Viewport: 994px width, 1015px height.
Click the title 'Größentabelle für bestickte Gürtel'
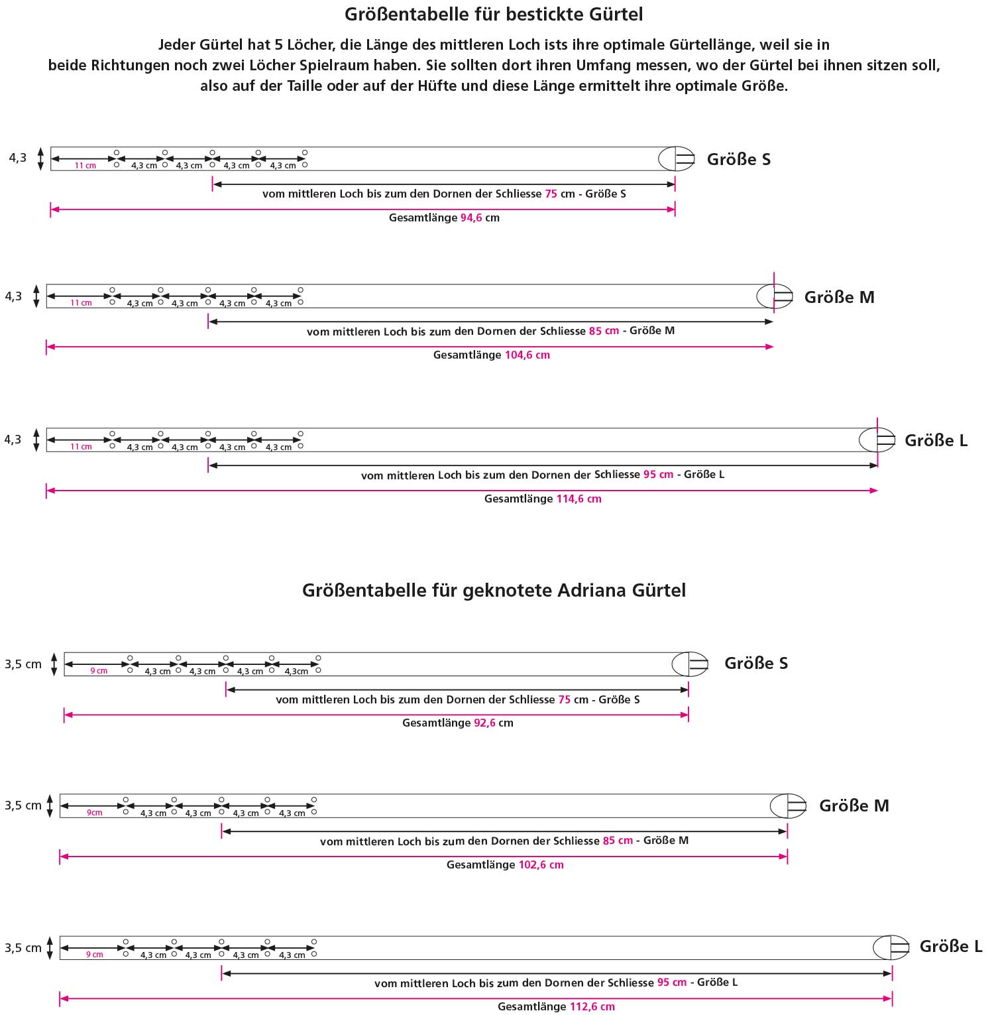494,14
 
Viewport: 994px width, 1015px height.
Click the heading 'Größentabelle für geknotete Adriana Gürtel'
494,590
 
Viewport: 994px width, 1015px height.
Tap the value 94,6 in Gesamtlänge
471,218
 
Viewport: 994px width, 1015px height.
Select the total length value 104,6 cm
527,355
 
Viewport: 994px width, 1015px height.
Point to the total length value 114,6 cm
579,499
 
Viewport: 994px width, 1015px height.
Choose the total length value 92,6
484,723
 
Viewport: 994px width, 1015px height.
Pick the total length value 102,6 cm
541,865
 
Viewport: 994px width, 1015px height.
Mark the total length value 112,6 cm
592,1007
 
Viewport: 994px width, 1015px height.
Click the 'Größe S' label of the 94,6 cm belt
739,160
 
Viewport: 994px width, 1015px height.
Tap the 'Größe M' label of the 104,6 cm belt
839,298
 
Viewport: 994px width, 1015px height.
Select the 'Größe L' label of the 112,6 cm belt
951,947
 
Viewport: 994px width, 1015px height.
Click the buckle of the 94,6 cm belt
677,159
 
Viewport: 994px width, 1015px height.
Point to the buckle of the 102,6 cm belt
789,806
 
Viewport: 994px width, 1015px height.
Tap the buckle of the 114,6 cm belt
877,440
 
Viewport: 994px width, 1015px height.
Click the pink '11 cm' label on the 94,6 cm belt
85,166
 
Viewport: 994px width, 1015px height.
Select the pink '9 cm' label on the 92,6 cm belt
99,671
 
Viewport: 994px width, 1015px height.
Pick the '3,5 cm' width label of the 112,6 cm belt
23,948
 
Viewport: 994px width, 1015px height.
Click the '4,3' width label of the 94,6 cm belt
18,158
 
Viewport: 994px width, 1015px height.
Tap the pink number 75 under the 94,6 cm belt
551,194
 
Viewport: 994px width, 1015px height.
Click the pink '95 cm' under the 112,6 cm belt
671,983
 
